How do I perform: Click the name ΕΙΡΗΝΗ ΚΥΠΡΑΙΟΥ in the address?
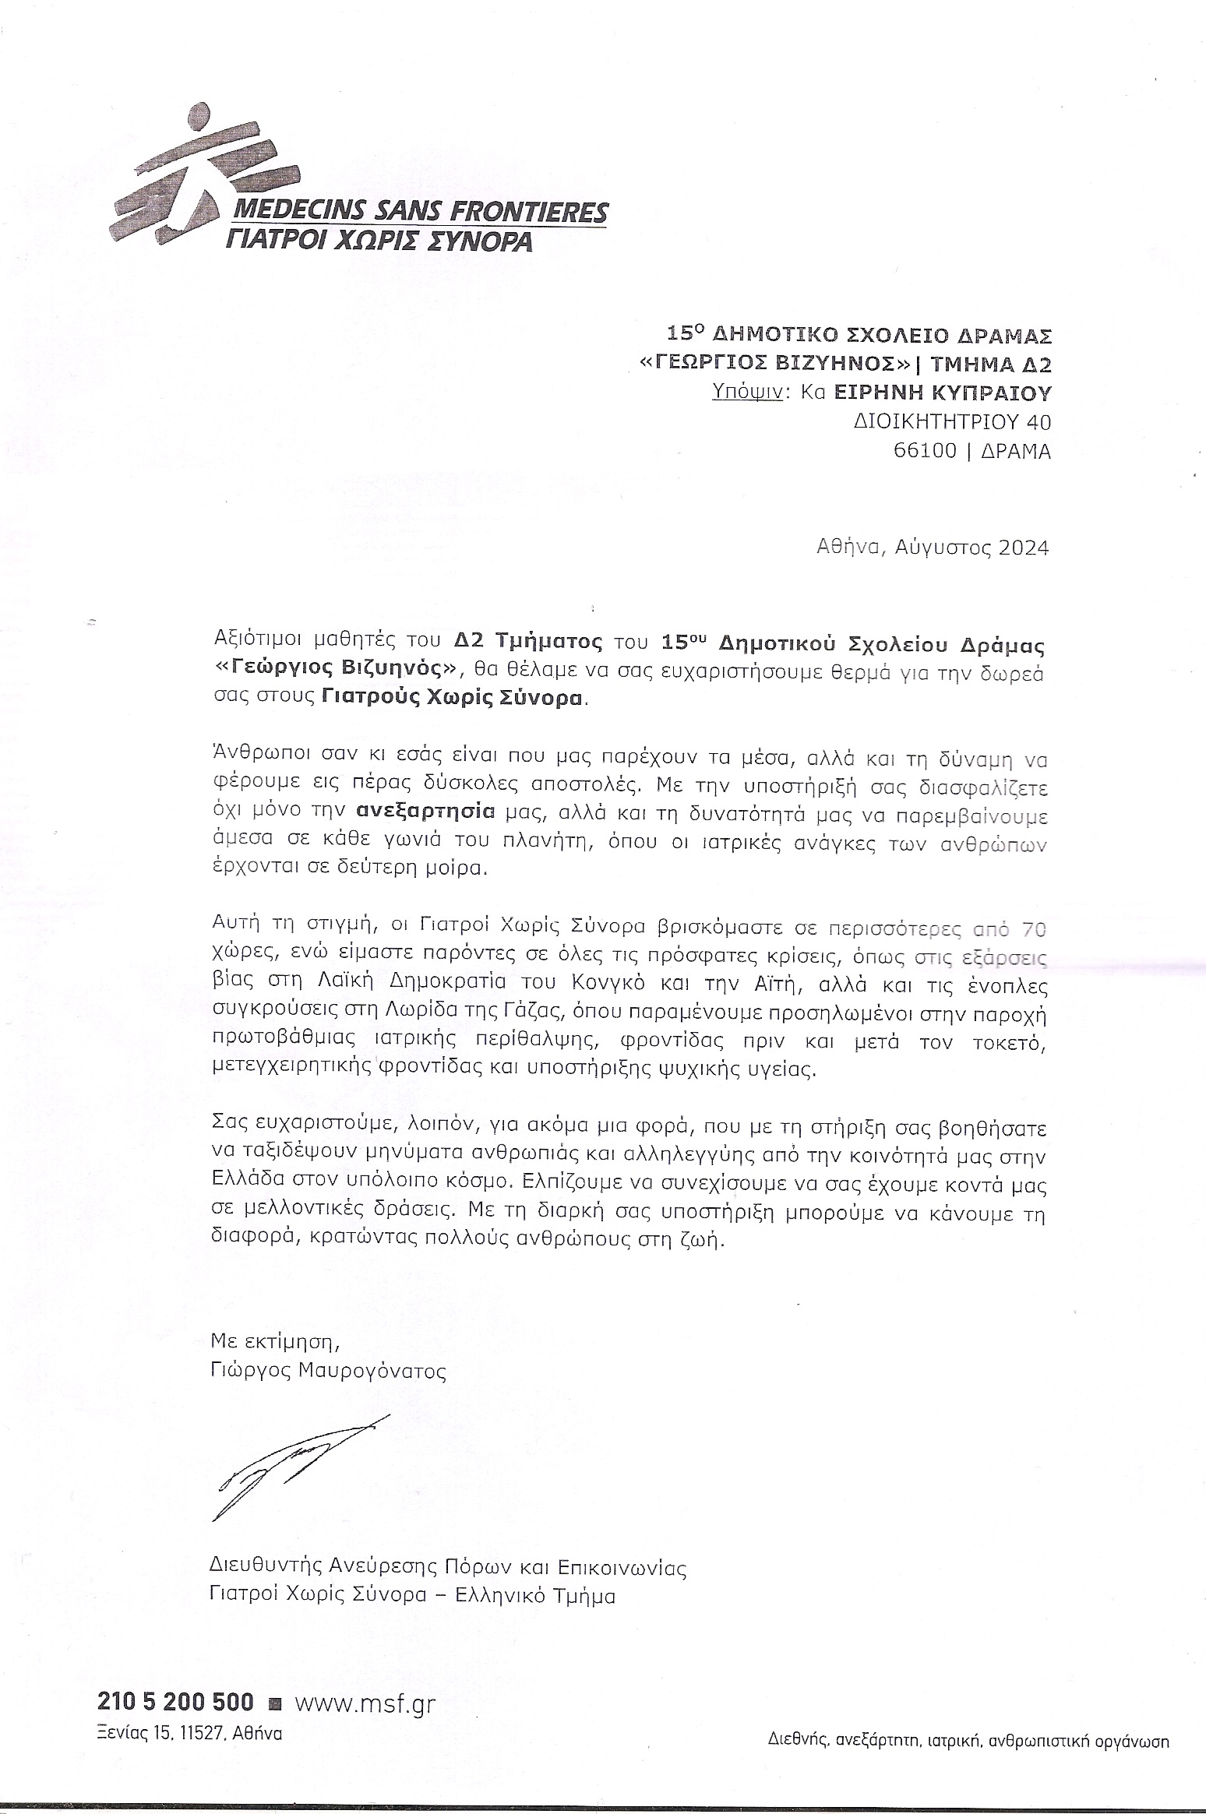pyautogui.click(x=943, y=392)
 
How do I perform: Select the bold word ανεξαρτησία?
pyautogui.click(x=425, y=811)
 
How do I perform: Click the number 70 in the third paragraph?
pyautogui.click(x=1031, y=928)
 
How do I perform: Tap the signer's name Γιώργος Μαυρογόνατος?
pyautogui.click(x=328, y=1371)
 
